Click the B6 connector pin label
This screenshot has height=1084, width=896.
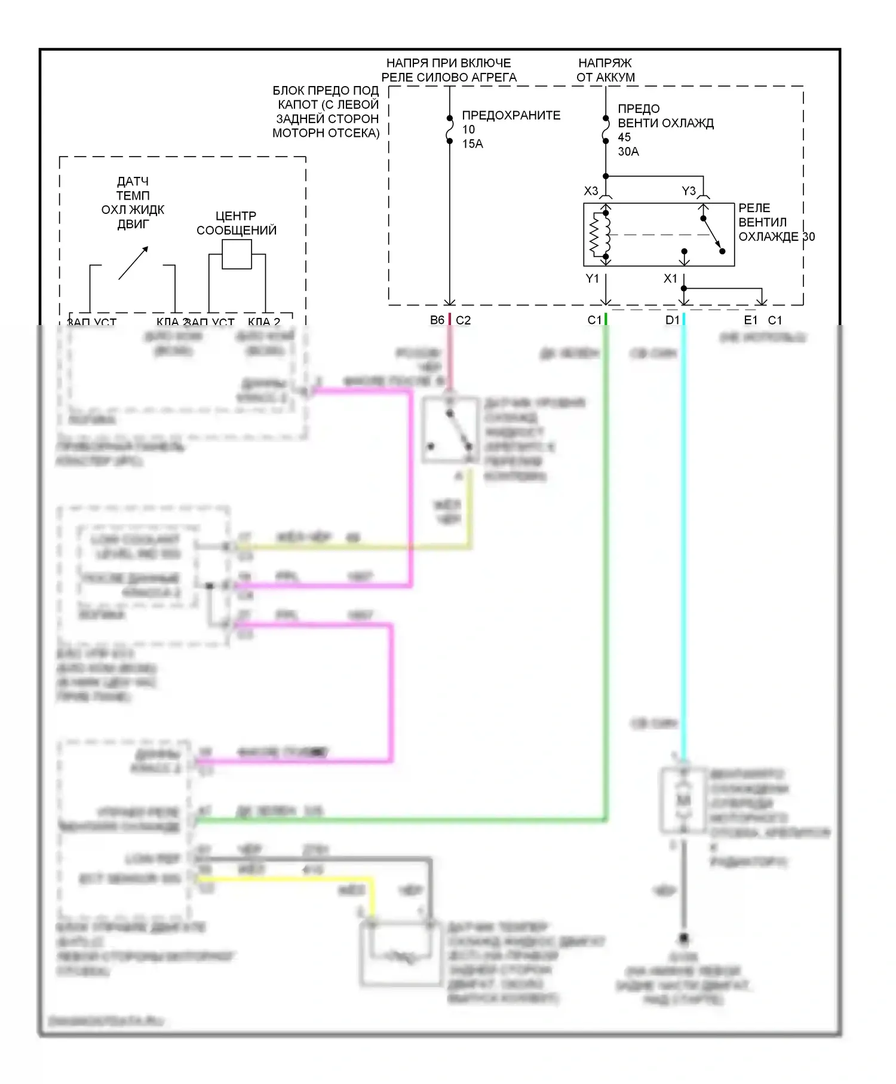(437, 320)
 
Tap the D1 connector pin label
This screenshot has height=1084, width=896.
(672, 320)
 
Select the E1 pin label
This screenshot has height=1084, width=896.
(750, 320)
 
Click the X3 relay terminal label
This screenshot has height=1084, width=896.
(590, 191)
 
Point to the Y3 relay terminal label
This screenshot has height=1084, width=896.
(688, 191)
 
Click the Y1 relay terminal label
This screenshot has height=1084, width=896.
(591, 278)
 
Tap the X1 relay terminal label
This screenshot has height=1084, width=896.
(670, 278)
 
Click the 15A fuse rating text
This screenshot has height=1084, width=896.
(472, 144)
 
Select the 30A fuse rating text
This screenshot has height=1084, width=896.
(628, 152)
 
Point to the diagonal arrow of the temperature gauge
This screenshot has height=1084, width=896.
(133, 263)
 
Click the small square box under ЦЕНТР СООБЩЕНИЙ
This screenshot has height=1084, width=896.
(237, 255)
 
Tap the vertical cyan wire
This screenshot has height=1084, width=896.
(683, 538)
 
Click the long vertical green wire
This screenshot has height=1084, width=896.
(606, 568)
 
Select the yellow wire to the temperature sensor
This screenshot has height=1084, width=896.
(287, 878)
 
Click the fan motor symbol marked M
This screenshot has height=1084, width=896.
(683, 800)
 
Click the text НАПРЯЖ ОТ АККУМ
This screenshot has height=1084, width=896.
(605, 70)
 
